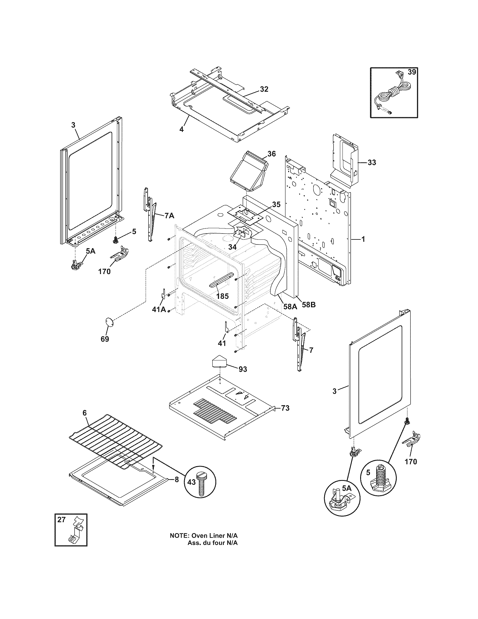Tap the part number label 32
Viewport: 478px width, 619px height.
pyautogui.click(x=264, y=89)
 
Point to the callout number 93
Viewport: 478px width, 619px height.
pyautogui.click(x=243, y=369)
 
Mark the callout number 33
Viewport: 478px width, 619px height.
pyautogui.click(x=372, y=162)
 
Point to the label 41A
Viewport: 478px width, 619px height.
pyautogui.click(x=159, y=309)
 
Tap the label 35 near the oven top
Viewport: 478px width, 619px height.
pyautogui.click(x=276, y=204)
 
